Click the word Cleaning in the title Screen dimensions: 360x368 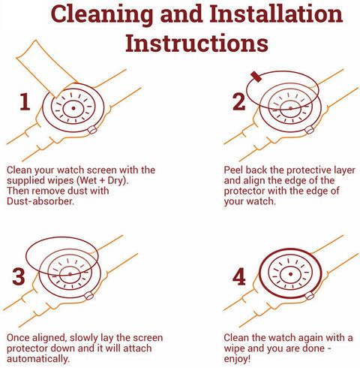[102, 14]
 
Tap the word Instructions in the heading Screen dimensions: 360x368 [197, 44]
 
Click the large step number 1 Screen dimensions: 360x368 [25, 101]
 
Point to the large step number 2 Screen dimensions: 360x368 [238, 101]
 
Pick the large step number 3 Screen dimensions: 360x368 [19, 276]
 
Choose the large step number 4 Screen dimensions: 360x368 [239, 276]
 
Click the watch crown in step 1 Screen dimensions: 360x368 [92, 130]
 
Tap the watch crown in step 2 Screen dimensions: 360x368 [309, 130]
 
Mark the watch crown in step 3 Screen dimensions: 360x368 [88, 296]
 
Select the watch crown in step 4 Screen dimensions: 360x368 [310, 296]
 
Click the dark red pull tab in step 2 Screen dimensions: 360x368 [256, 77]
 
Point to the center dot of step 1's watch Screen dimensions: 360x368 [73, 108]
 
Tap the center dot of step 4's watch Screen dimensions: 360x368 [290, 274]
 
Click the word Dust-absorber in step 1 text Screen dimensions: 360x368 [40, 201]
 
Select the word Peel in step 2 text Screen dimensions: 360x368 [233, 170]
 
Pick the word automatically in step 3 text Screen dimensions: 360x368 [38, 359]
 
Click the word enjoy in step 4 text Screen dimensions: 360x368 [235, 360]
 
